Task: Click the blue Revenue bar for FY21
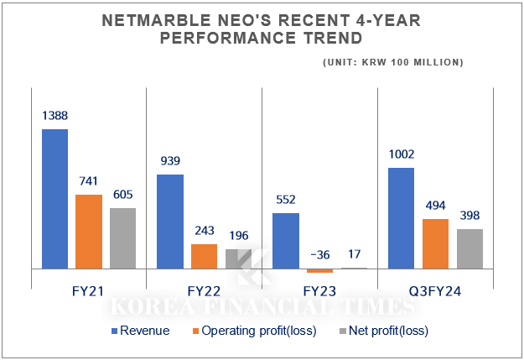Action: point(55,199)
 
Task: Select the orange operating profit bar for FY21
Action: point(90,232)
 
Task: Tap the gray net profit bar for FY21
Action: point(122,238)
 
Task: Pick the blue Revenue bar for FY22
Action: point(170,222)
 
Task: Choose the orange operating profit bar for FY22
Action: point(204,256)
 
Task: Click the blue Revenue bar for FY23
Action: point(286,241)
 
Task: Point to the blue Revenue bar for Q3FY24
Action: point(402,218)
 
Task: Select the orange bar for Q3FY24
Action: point(435,243)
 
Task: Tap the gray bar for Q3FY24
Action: point(470,248)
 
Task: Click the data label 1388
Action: point(55,115)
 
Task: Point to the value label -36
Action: point(319,254)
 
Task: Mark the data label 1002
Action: point(402,154)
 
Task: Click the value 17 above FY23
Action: point(353,254)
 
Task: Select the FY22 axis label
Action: point(204,292)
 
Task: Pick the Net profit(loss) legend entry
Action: point(387,331)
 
